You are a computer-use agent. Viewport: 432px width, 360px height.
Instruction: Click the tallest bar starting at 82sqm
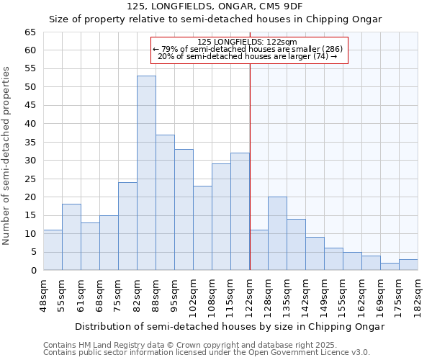click(146, 173)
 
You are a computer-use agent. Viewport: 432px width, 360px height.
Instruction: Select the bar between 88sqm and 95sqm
click(165, 202)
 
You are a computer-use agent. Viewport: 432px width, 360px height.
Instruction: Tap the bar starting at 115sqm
click(240, 212)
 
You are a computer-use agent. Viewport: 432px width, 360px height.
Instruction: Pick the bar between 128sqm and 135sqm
click(277, 233)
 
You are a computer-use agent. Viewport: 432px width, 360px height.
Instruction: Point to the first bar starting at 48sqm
click(53, 250)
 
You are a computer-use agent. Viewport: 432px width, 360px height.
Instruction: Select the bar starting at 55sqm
click(71, 237)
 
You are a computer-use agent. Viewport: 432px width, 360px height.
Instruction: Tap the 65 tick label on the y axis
click(30, 32)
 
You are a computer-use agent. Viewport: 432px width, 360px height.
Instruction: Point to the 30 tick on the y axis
click(30, 161)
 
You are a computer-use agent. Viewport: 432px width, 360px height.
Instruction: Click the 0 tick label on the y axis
click(33, 271)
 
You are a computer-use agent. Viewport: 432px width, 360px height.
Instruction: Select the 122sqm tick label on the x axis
click(250, 296)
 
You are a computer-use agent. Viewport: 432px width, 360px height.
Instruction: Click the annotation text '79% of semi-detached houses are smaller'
click(248, 49)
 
